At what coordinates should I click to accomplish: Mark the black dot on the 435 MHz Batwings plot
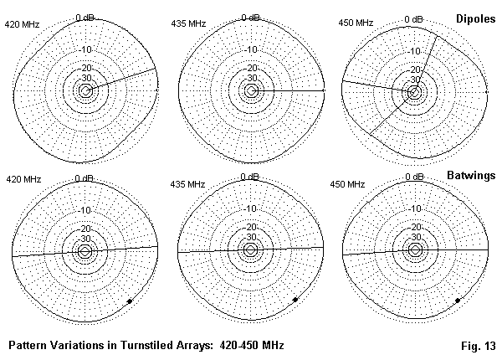(295, 300)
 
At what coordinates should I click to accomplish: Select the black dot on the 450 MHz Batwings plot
(457, 300)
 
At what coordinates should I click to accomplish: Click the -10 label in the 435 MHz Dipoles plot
(249, 49)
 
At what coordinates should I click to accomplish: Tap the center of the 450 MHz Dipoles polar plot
(414, 90)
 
